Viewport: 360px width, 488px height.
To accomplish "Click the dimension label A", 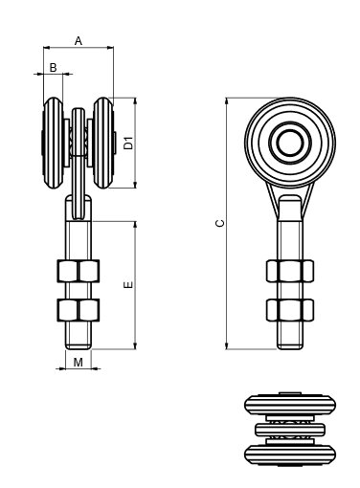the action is (79, 41).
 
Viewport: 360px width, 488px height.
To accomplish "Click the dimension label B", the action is (54, 67).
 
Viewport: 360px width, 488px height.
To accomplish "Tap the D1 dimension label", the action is (128, 143).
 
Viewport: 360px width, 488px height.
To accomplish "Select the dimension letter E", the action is (128, 285).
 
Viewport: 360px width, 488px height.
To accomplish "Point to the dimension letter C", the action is (220, 223).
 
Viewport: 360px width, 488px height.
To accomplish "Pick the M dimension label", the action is (79, 363).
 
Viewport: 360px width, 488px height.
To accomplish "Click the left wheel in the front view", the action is (53, 143).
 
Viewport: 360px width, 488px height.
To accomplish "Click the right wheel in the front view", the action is (103, 143).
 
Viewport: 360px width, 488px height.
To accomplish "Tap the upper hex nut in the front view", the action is (79, 271).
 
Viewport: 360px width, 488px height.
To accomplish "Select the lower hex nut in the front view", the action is (79, 310).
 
